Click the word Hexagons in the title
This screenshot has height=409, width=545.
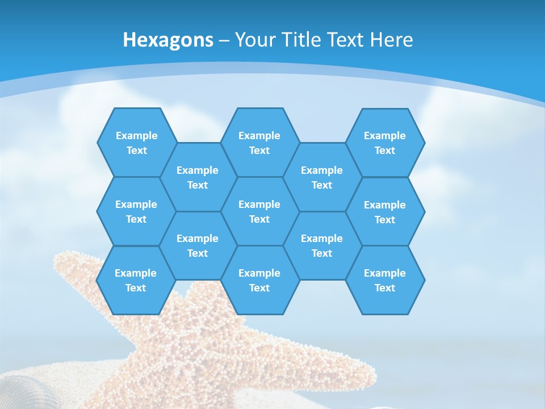[x=168, y=40]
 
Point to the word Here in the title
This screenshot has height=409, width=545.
[x=391, y=40]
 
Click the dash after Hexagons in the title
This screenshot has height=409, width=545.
[x=224, y=40]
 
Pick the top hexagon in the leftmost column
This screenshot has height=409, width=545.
[x=136, y=143]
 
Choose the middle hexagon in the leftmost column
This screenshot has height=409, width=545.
[x=136, y=211]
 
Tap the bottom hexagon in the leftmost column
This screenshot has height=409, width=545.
[x=136, y=280]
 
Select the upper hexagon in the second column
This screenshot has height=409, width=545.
[x=198, y=177]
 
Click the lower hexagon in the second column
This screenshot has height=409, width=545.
[x=198, y=245]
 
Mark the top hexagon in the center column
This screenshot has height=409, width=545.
[x=259, y=143]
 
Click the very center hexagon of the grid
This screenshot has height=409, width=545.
[x=259, y=211]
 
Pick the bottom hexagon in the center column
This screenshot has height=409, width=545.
[x=259, y=280]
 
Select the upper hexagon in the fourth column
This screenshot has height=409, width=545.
[x=322, y=177]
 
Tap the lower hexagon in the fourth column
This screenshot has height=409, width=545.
[x=322, y=245]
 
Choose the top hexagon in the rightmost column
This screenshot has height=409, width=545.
[x=385, y=143]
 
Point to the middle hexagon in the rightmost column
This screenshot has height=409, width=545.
[x=385, y=212]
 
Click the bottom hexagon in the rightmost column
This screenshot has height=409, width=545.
[x=385, y=280]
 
